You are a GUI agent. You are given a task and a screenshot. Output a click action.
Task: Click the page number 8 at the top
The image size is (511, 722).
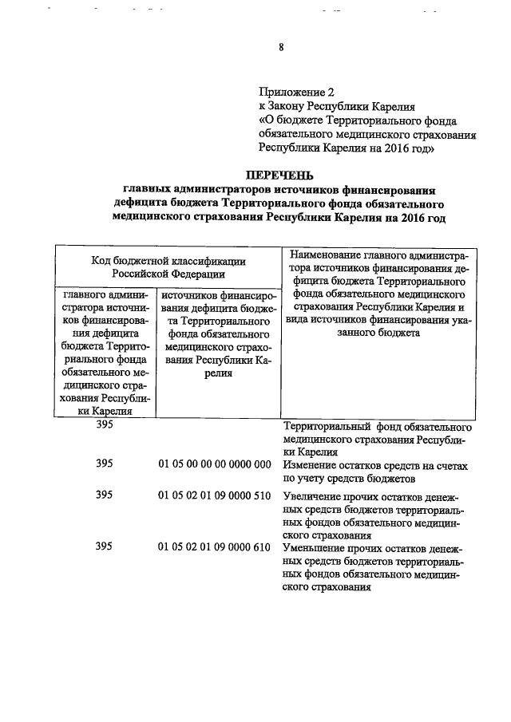(x=281, y=47)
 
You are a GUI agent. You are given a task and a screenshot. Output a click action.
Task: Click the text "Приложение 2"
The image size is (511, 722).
(x=295, y=92)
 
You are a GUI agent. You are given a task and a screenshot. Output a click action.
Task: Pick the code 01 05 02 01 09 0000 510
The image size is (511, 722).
(x=216, y=495)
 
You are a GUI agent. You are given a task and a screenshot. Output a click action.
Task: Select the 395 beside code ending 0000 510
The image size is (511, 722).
(x=104, y=495)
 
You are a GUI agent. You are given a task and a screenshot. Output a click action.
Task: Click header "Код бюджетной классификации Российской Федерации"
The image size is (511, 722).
(x=168, y=266)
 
